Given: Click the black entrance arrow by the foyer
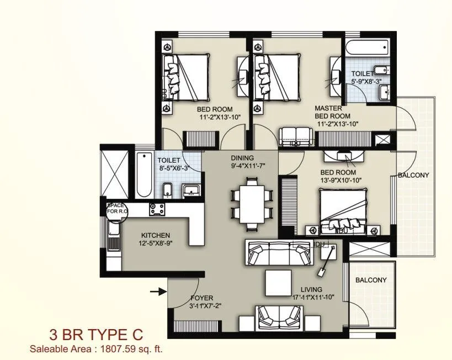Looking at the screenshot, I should [159, 292].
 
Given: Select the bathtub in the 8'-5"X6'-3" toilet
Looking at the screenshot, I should [143, 173].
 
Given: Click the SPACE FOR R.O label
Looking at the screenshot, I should [116, 208].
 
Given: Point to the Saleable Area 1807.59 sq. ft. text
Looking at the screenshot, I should [96, 348].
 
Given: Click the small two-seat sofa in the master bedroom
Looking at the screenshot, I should [295, 135].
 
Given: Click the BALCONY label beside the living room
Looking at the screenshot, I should [371, 280].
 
